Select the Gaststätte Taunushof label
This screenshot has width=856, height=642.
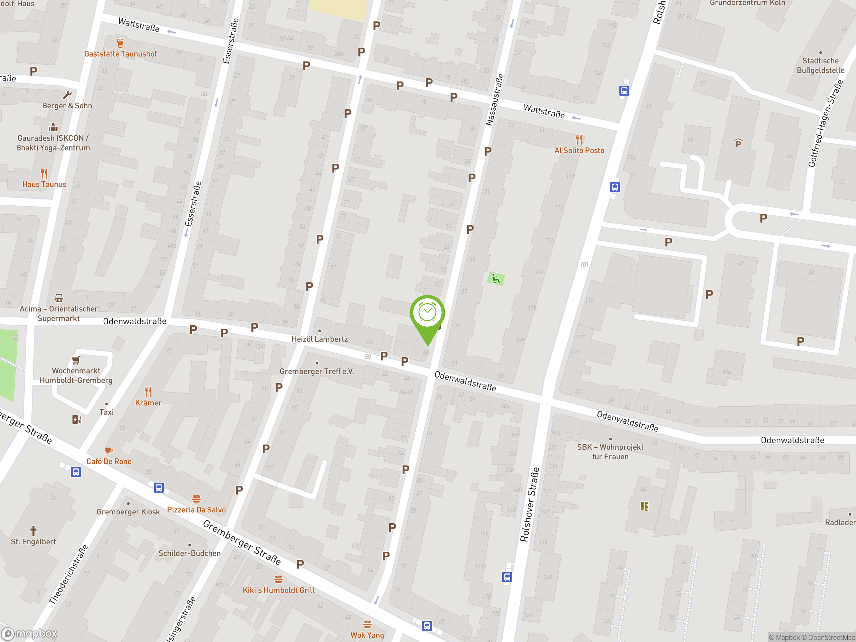tap(120, 54)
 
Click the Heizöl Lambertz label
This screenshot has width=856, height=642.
tap(319, 339)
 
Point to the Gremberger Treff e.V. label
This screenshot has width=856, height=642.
tap(317, 371)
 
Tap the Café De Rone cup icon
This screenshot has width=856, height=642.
tap(109, 450)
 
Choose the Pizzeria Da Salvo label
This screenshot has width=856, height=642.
tap(196, 510)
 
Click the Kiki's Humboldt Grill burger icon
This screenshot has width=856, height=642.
tap(278, 579)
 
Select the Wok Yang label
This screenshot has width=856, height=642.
tap(367, 635)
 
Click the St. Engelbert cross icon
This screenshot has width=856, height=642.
tap(33, 530)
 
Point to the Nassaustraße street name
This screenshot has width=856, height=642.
tap(495, 100)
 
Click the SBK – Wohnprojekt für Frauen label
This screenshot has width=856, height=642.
tap(610, 452)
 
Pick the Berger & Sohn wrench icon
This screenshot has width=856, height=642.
tap(67, 95)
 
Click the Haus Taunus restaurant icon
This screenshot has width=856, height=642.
tap(44, 173)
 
